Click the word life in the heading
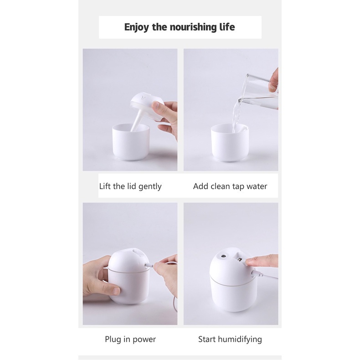tap(224, 27)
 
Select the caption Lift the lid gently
tap(130, 186)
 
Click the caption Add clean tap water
tap(230, 186)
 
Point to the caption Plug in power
tap(130, 339)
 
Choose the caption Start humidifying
tap(230, 339)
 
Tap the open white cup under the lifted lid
tap(131, 144)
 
